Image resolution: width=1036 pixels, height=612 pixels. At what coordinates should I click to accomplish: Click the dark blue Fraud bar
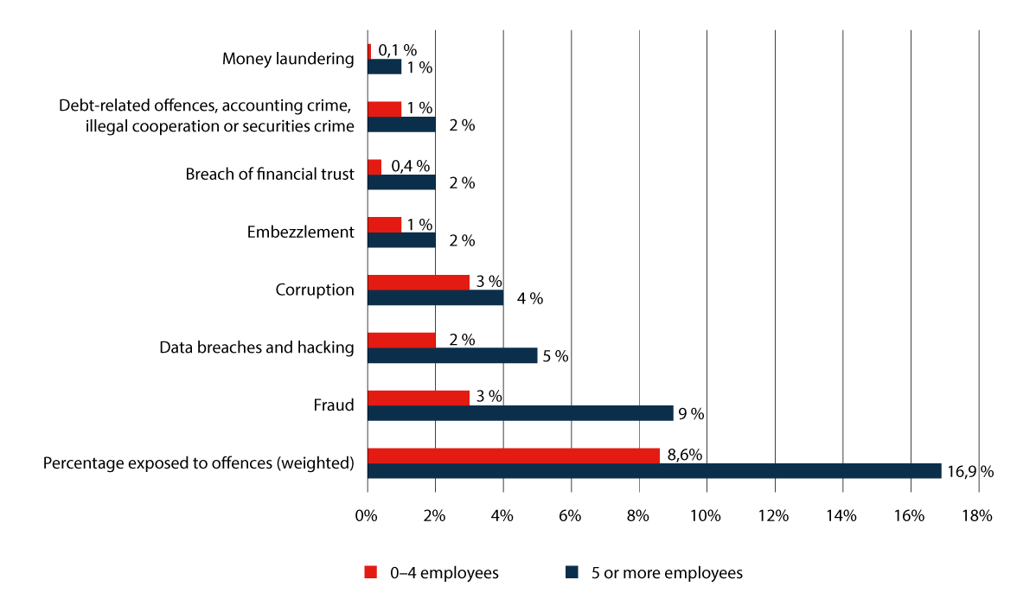520,413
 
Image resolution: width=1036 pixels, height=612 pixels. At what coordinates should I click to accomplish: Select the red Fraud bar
419,398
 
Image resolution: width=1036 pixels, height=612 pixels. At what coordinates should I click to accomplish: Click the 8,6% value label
682,455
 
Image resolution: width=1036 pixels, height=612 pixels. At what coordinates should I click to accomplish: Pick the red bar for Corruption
419,283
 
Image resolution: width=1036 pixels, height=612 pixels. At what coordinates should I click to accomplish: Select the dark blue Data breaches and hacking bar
452,355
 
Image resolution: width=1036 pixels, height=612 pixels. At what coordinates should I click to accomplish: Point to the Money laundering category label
288,59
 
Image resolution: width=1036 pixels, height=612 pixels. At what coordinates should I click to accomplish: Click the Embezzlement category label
300,232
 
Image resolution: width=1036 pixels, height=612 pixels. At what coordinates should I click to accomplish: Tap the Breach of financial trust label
270,174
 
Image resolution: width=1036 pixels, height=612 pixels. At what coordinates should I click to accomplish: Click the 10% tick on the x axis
707,516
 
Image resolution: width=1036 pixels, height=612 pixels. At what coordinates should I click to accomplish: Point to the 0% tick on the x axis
368,516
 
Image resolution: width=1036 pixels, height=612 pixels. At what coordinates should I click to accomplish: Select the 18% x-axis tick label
977,516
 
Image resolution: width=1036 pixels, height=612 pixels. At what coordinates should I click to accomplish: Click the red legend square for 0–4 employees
371,572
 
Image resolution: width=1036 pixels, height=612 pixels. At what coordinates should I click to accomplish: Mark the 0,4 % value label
411,166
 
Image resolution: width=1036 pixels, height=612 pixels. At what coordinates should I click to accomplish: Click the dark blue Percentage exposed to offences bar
654,471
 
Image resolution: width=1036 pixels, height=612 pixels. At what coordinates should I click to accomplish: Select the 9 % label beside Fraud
691,413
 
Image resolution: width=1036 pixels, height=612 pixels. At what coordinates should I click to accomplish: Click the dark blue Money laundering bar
385,67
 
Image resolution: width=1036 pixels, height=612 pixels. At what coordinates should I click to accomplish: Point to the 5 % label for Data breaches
555,355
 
